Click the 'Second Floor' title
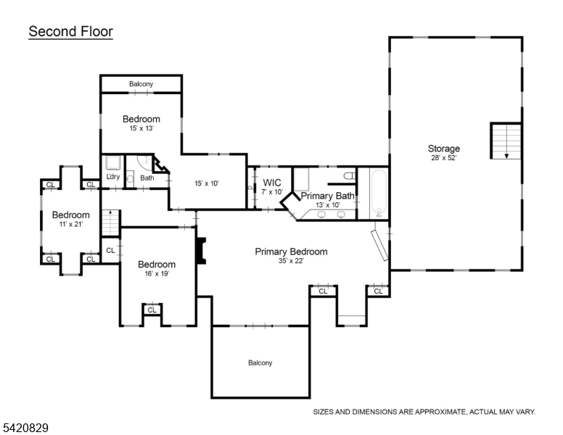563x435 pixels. (70, 32)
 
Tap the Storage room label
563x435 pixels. (443, 149)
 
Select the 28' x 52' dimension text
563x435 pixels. (443, 157)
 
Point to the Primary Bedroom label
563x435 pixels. (290, 252)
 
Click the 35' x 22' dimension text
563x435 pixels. (290, 261)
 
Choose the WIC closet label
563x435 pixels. (272, 182)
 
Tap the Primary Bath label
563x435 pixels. (327, 196)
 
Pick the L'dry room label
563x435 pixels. (112, 177)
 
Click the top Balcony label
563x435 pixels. (141, 84)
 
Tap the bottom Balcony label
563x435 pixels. (260, 362)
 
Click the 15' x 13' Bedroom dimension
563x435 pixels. (141, 128)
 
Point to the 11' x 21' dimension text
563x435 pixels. (70, 224)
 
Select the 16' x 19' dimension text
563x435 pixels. (157, 274)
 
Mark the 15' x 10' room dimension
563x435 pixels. (207, 183)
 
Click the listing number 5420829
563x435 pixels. (25, 428)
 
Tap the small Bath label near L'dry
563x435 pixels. (147, 178)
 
